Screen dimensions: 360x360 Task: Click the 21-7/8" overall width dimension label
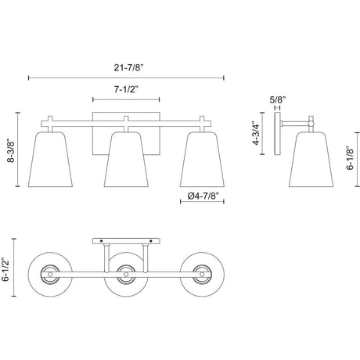pyautogui.click(x=129, y=68)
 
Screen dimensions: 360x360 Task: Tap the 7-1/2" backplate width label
pyautogui.click(x=126, y=89)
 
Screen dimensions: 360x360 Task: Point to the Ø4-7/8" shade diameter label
pyautogui.click(x=203, y=196)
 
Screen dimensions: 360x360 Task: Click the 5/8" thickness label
pyautogui.click(x=278, y=99)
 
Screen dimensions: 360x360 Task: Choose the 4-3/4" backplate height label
pyautogui.click(x=256, y=133)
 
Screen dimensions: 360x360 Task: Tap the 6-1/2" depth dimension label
pyautogui.click(x=5, y=269)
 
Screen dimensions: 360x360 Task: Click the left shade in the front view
pyautogui.click(x=50, y=160)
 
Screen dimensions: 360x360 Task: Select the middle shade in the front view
pyautogui.click(x=126, y=160)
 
